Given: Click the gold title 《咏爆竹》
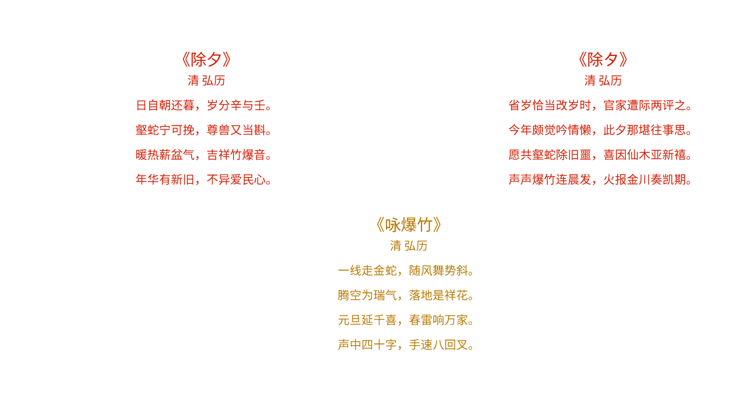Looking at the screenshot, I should coord(409,225).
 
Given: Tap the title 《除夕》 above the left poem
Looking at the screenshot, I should coord(206,60).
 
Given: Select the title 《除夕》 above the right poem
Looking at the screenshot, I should coord(603,60).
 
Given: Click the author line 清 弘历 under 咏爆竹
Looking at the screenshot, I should coord(409,246).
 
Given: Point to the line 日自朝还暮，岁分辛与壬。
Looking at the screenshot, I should coord(204,105).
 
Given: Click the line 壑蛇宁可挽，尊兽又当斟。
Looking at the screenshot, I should coord(204,130).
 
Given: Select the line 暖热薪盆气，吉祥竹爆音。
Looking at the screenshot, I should coord(204,155).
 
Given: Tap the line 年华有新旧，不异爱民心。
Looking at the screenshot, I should coord(204,180).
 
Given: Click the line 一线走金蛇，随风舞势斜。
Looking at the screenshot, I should coord(406,271).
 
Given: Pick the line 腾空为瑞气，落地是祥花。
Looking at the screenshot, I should coord(406,295).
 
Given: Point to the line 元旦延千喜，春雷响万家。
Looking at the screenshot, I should coord(406,320).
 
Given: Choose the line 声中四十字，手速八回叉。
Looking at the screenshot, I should coord(406,345).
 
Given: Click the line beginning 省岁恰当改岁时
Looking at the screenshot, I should coord(600,105).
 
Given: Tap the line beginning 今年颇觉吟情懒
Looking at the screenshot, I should coord(600,130).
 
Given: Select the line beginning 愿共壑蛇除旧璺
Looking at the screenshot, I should coord(600,155).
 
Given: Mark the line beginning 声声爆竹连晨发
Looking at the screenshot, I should coord(600,180).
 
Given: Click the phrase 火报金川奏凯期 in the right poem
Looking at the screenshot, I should coord(645,180).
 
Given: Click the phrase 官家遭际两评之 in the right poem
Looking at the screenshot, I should coord(645,105).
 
